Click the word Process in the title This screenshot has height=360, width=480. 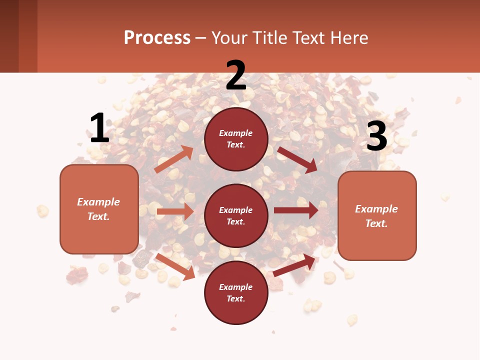point(157,38)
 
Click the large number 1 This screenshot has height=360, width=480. point(99,128)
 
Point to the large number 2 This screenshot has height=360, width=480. point(236,75)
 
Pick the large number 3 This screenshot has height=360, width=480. point(376,136)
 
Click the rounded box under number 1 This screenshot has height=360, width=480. point(99,209)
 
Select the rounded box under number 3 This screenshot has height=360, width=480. point(377,215)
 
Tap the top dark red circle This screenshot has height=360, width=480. point(236,139)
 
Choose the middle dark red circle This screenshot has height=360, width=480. point(236,215)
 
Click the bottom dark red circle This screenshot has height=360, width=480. point(236,292)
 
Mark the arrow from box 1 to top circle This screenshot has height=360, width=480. point(174,159)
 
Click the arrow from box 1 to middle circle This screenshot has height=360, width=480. point(175,211)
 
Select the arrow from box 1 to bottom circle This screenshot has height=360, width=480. point(175,266)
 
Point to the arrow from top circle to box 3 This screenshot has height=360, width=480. point(297,160)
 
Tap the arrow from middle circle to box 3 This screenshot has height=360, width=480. point(296,210)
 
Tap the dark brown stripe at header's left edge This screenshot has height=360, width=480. point(9,36)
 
